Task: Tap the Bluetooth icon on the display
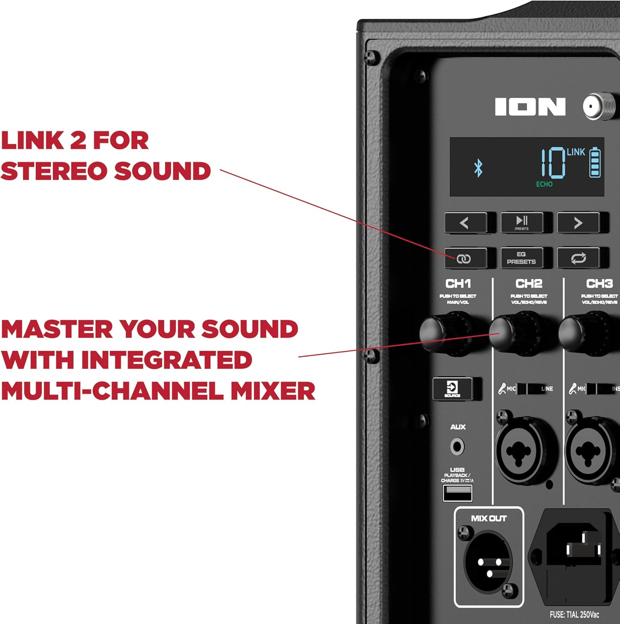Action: [x=478, y=168]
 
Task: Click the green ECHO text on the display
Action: [x=544, y=184]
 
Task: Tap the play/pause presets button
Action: [x=522, y=223]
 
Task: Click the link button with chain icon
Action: [x=464, y=258]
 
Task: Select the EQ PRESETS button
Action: [x=521, y=258]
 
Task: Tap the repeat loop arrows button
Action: [x=578, y=258]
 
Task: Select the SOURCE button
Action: [x=452, y=389]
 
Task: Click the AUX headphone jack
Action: [x=457, y=447]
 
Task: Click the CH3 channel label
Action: [x=599, y=284]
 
